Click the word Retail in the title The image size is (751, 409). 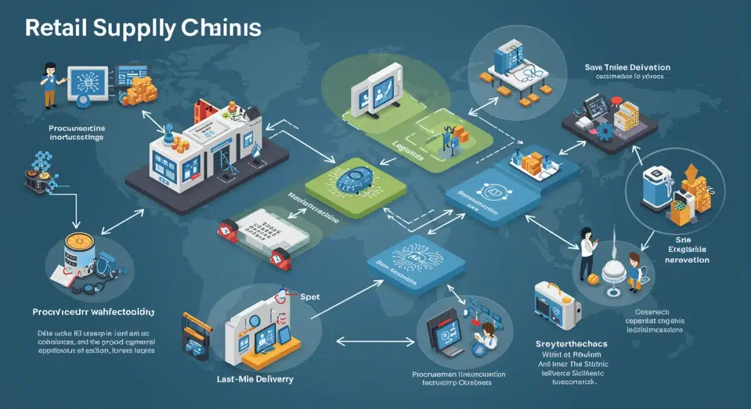click(54, 29)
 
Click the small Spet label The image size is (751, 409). click(310, 297)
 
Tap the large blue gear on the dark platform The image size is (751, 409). click(605, 132)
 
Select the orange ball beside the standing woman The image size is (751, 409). click(591, 276)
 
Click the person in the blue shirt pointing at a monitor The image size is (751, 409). click(50, 85)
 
